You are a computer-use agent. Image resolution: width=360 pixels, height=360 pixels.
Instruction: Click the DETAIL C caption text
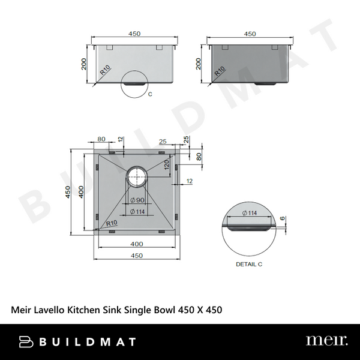click(249, 264)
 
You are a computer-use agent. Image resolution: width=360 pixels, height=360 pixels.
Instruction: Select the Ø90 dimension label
click(137, 200)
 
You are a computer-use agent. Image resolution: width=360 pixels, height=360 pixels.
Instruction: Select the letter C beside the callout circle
click(149, 94)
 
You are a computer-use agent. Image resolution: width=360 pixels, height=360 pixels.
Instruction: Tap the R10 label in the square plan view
click(111, 224)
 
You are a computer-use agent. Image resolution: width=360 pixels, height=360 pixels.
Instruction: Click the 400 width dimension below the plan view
click(137, 244)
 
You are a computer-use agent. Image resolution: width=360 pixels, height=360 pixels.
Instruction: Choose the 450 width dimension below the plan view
click(137, 256)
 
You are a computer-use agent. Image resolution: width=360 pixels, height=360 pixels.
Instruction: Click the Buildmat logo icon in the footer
click(25, 341)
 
